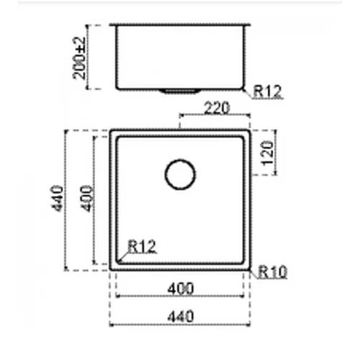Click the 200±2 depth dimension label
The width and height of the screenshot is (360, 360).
click(x=79, y=58)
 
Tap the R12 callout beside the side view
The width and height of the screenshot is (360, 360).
click(x=267, y=91)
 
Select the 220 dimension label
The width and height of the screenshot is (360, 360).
click(x=217, y=108)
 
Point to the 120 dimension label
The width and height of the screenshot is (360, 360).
click(x=268, y=153)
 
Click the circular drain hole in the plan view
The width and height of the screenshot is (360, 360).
click(x=180, y=160)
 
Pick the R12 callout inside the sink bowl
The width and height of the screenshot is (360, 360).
click(x=142, y=246)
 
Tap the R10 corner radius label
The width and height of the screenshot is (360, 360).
click(x=272, y=272)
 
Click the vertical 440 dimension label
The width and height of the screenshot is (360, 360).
click(x=58, y=199)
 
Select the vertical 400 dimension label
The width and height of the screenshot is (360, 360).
click(x=87, y=199)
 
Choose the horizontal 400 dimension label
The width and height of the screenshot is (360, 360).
click(x=180, y=289)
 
